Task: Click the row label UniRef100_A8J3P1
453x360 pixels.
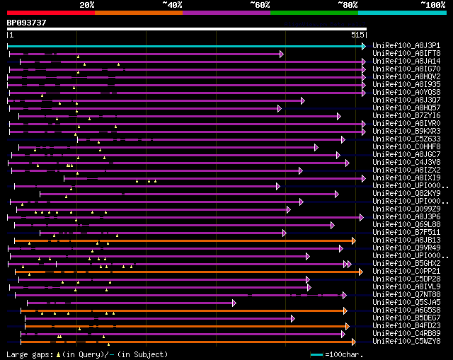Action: click(407, 45)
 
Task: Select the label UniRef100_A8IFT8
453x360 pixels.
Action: click(407, 53)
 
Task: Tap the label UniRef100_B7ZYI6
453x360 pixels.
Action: click(407, 115)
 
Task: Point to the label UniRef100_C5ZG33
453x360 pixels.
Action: click(407, 139)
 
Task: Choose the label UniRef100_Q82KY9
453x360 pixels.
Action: click(407, 193)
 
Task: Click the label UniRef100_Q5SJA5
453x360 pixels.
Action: click(407, 302)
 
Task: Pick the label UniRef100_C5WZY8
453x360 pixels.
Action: click(407, 341)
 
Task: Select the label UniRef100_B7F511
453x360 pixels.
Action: click(407, 232)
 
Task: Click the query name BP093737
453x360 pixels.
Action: click(27, 23)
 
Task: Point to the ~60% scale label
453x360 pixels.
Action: click(260, 4)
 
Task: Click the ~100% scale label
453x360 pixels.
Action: click(432, 4)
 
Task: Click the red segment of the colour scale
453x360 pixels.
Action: click(50, 12)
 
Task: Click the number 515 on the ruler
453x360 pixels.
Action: click(357, 34)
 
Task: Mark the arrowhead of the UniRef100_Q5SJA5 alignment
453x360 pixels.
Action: click(234, 303)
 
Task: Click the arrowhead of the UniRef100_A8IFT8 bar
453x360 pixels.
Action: click(282, 54)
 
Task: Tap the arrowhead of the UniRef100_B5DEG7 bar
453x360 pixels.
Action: click(292, 318)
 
